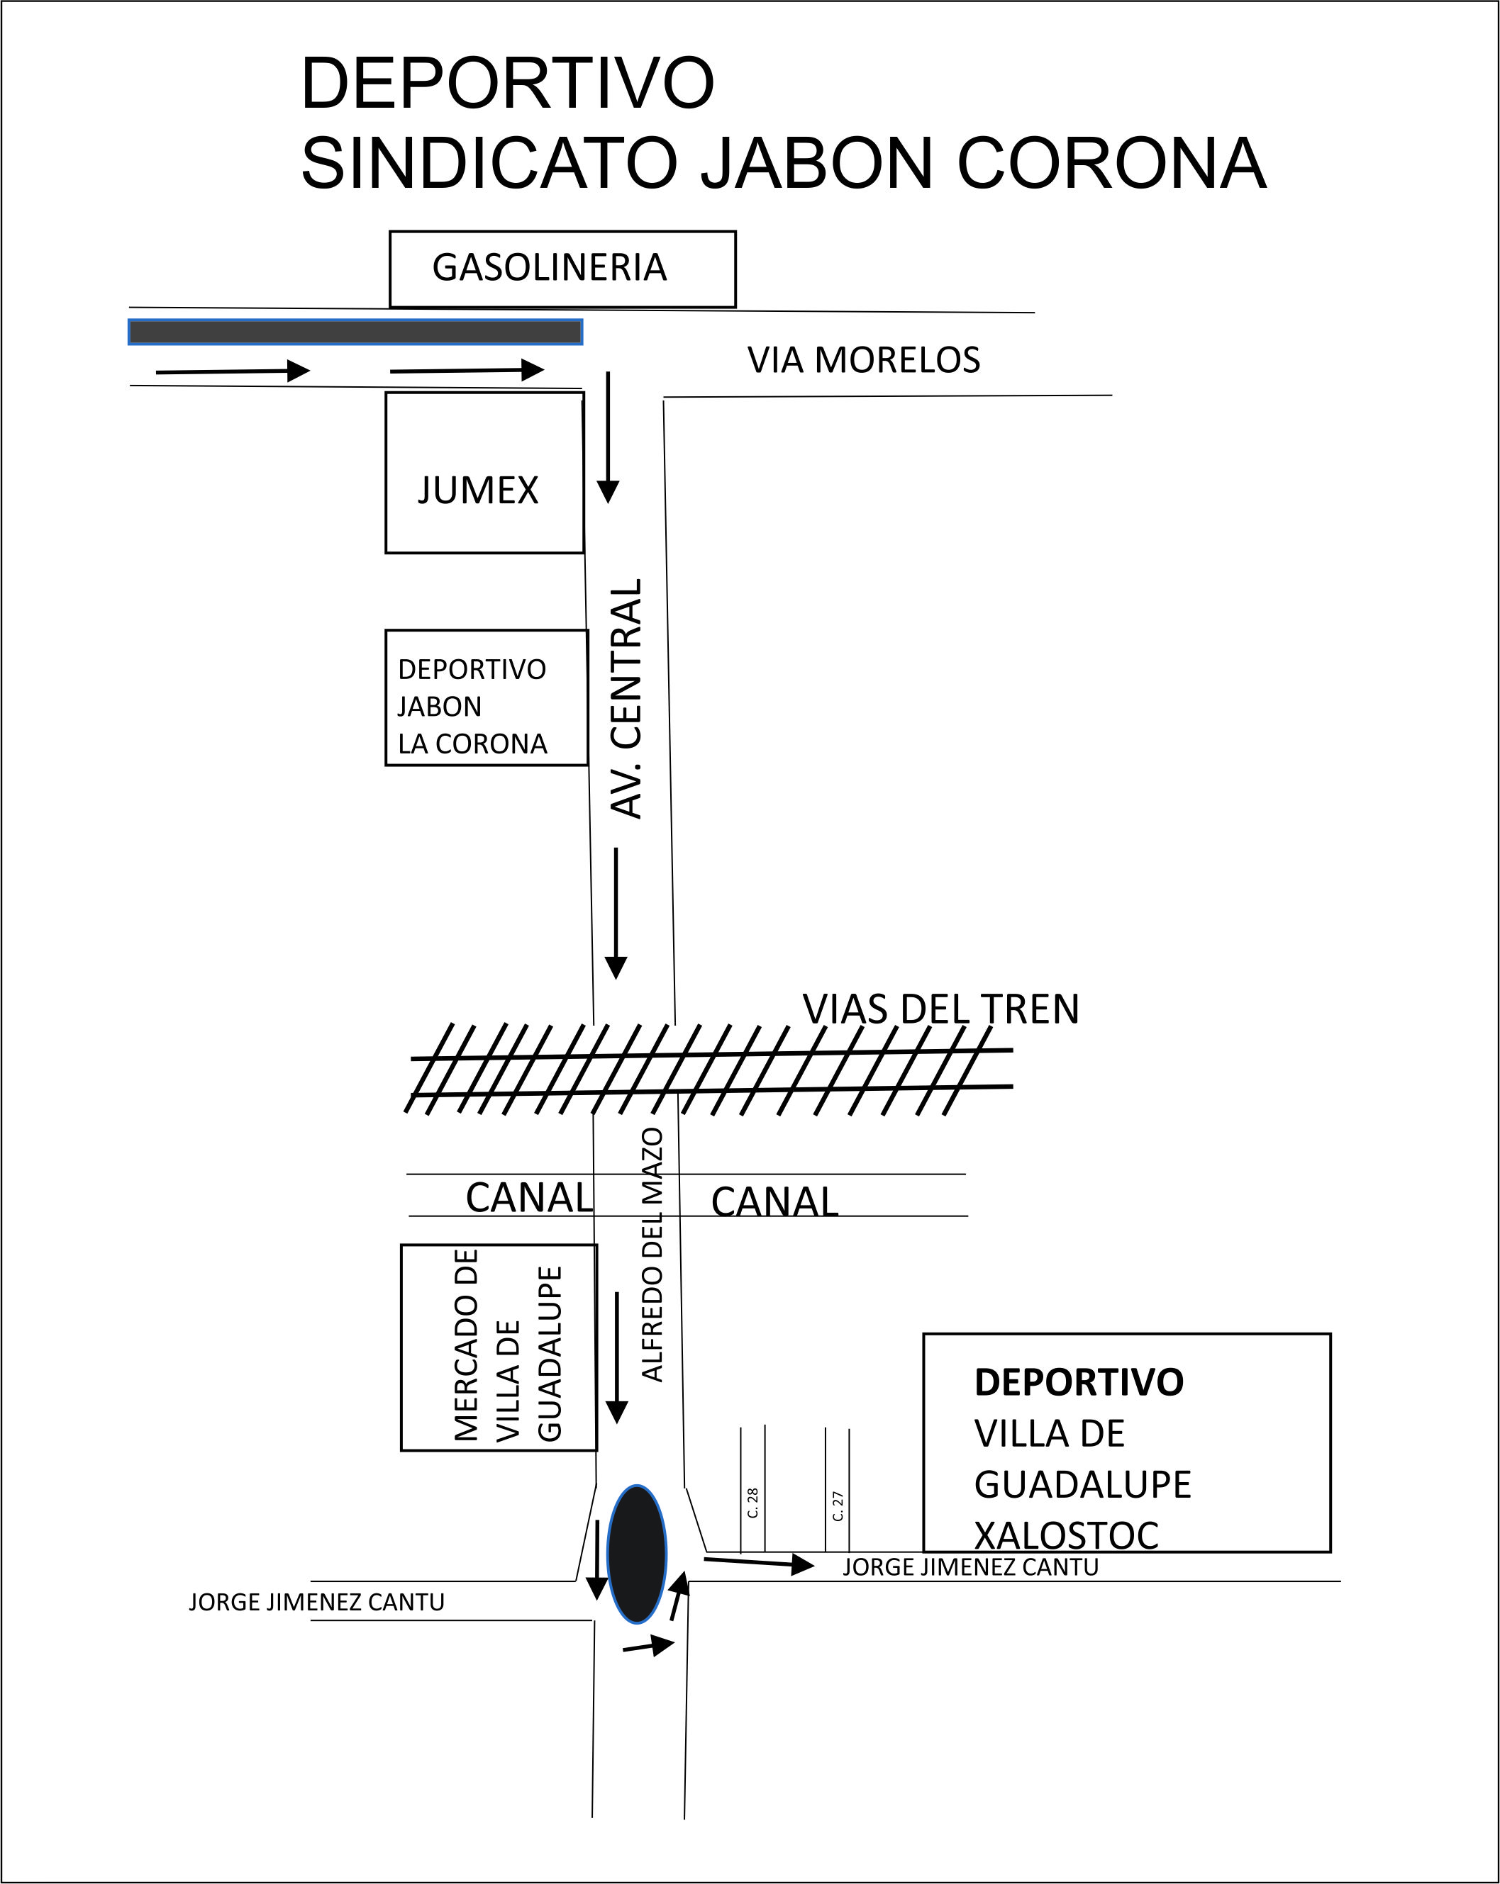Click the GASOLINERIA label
point(549,267)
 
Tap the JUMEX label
point(478,490)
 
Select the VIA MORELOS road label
point(864,360)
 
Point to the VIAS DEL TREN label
point(941,1009)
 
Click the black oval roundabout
point(638,1554)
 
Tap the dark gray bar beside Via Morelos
point(356,332)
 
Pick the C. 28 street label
point(752,1502)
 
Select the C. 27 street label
point(838,1505)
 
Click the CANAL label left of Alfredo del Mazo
point(530,1197)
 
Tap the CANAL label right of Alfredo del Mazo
point(774,1201)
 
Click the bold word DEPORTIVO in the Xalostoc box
point(1079,1382)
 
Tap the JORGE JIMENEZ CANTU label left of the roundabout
point(316,1602)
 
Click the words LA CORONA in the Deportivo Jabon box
point(472,744)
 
